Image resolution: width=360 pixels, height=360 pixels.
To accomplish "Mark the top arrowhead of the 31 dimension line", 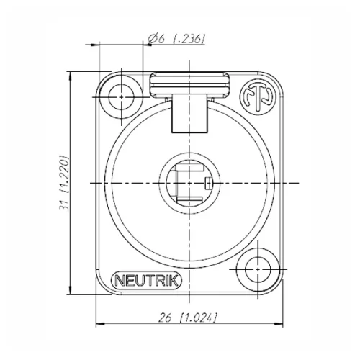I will (x=69, y=75).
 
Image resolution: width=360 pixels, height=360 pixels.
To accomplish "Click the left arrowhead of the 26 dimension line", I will (x=99, y=323).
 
